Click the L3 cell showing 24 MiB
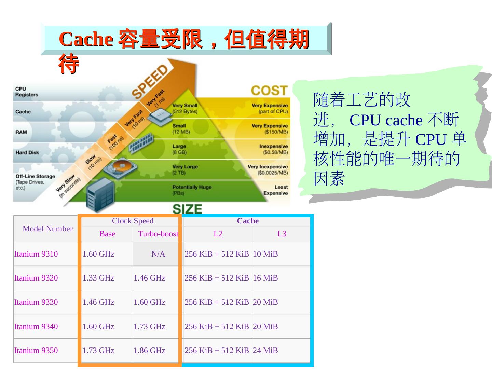265,350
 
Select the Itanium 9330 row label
36,302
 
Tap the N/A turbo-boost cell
158,254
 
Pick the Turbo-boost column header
158,234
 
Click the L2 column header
218,234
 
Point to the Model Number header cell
47,229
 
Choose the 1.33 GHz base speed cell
98,278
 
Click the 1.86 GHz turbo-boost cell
149,350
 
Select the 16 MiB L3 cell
265,278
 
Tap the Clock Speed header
133,221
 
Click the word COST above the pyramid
269,91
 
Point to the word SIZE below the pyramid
187,209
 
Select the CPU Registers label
26,92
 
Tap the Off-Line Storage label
35,176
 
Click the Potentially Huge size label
192,187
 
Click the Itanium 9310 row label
36,254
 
